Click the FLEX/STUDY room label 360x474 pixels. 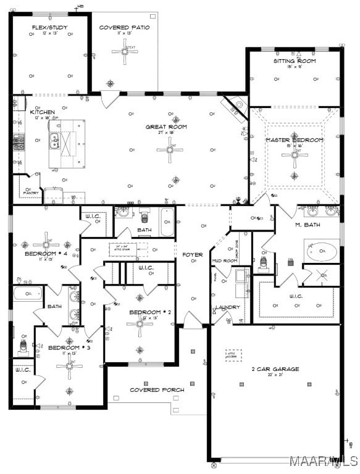[x=49, y=27]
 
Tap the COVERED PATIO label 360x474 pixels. [x=125, y=27]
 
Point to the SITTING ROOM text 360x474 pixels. [x=295, y=61]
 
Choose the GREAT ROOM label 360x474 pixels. [x=165, y=127]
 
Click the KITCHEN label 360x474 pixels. [x=43, y=112]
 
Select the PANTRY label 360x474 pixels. [x=31, y=193]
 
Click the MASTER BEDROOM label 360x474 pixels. [x=295, y=140]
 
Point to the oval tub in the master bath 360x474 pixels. [x=321, y=251]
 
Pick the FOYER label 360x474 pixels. [x=192, y=254]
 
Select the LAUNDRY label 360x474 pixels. [x=227, y=307]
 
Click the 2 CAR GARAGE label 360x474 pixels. [x=275, y=369]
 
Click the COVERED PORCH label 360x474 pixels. [x=157, y=389]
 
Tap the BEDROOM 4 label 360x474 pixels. [x=44, y=254]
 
